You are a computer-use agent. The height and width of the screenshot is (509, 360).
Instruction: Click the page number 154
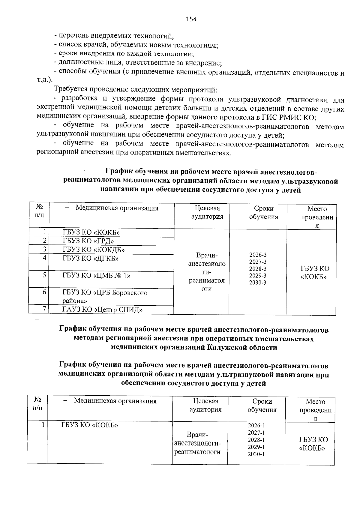pos(191,19)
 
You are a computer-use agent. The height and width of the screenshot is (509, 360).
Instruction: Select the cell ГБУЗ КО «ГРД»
pos(88,241)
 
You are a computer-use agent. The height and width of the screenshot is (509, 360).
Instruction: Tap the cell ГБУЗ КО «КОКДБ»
pos(94,250)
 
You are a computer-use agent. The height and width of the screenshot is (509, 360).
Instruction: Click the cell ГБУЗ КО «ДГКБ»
pos(90,258)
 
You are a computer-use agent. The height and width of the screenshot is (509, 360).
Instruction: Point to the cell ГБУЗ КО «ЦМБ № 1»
pos(96,275)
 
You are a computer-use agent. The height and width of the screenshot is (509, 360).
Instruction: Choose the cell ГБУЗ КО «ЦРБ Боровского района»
pos(105,296)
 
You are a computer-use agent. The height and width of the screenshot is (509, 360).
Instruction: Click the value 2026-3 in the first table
pos(258,255)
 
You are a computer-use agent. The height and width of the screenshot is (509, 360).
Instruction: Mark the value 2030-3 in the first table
pos(258,283)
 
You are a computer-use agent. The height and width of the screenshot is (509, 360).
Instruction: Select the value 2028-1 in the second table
pos(256,440)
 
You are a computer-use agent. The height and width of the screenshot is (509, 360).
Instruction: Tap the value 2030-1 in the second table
pos(256,454)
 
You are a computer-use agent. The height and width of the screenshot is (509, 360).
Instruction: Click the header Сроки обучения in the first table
pos(263,213)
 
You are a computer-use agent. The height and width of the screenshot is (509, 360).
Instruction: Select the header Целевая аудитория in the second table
pos(205,406)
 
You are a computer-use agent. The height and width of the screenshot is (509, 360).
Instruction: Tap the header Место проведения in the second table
pos(315,410)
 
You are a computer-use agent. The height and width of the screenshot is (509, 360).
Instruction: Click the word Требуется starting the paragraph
pos(70,89)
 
